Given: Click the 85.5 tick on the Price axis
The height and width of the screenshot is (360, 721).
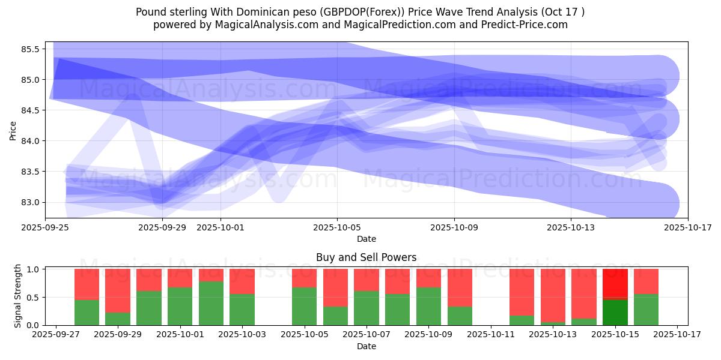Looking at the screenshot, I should click(29, 49).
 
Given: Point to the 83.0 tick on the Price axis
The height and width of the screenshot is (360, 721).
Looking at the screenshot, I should click(29, 202).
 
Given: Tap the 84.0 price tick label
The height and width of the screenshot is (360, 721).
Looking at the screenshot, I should click(29, 141).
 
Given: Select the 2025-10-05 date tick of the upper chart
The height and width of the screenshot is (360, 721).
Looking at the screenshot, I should click(337, 227).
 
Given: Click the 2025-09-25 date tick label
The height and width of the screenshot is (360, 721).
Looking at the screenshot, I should click(45, 227).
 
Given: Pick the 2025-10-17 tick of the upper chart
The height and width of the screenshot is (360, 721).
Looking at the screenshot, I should click(688, 227).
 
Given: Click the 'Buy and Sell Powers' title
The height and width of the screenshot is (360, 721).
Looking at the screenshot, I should click(366, 257).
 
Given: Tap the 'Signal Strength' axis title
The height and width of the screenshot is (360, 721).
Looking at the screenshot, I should click(18, 296).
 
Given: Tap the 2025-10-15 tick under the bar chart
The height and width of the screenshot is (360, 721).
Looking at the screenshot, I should click(615, 335).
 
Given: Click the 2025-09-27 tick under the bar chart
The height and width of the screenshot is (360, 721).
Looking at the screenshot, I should click(55, 335).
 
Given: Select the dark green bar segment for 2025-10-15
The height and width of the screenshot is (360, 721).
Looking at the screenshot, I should click(615, 312).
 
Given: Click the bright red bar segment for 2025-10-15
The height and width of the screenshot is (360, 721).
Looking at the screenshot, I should click(615, 284).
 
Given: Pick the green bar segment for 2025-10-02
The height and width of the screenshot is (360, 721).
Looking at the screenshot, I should click(211, 303).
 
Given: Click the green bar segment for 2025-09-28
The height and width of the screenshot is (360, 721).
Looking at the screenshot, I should click(87, 312).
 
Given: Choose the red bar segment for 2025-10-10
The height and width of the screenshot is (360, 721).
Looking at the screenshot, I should click(460, 287).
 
